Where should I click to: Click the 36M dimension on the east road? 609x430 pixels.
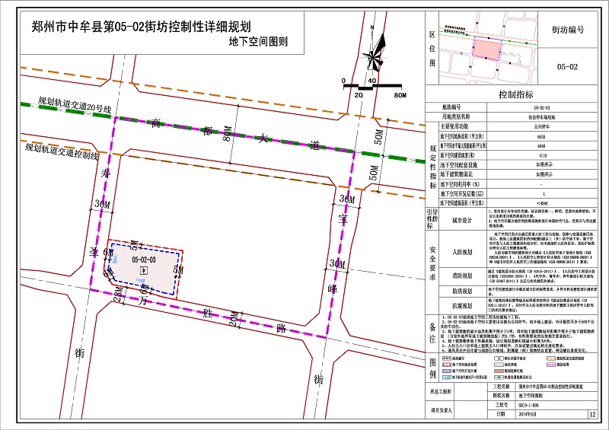(347, 200)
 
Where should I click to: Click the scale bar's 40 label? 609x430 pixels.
(371, 81)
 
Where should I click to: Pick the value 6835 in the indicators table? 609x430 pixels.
(541, 137)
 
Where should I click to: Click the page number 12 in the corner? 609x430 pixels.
(592, 415)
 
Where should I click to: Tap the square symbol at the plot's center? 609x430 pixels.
(145, 270)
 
